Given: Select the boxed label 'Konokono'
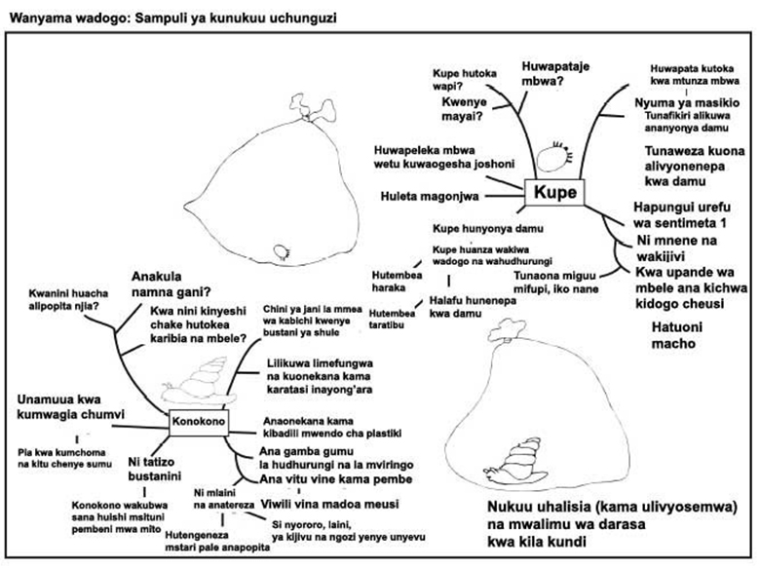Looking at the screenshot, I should click(x=198, y=422).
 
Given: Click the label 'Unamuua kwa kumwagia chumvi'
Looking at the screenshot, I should click(x=71, y=407).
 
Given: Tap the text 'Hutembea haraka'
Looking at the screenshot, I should click(x=395, y=282).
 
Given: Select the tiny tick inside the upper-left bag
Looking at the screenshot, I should click(x=284, y=250).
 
